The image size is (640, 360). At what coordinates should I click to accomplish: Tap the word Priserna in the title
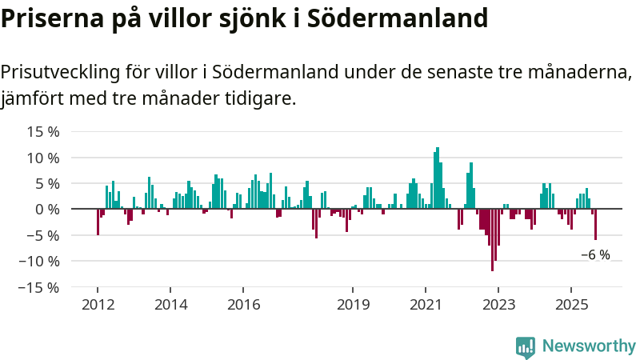point(50,18)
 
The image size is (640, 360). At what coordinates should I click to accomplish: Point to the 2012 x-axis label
point(98,305)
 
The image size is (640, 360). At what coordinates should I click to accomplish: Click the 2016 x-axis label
point(244,305)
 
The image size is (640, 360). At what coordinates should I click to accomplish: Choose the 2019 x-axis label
point(353,305)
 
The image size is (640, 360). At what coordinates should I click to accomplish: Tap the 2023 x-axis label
point(498,305)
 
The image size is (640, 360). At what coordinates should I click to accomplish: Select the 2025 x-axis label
point(571,305)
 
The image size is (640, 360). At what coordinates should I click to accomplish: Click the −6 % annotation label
point(595,255)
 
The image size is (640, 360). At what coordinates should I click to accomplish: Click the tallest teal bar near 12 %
point(438,178)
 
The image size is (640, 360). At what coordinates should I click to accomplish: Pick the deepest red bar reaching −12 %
point(492,240)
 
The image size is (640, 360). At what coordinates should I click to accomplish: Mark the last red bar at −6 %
point(595,224)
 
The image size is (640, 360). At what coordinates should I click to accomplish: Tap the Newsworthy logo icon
point(526,346)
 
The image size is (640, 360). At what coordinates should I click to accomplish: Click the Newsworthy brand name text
point(589,346)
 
